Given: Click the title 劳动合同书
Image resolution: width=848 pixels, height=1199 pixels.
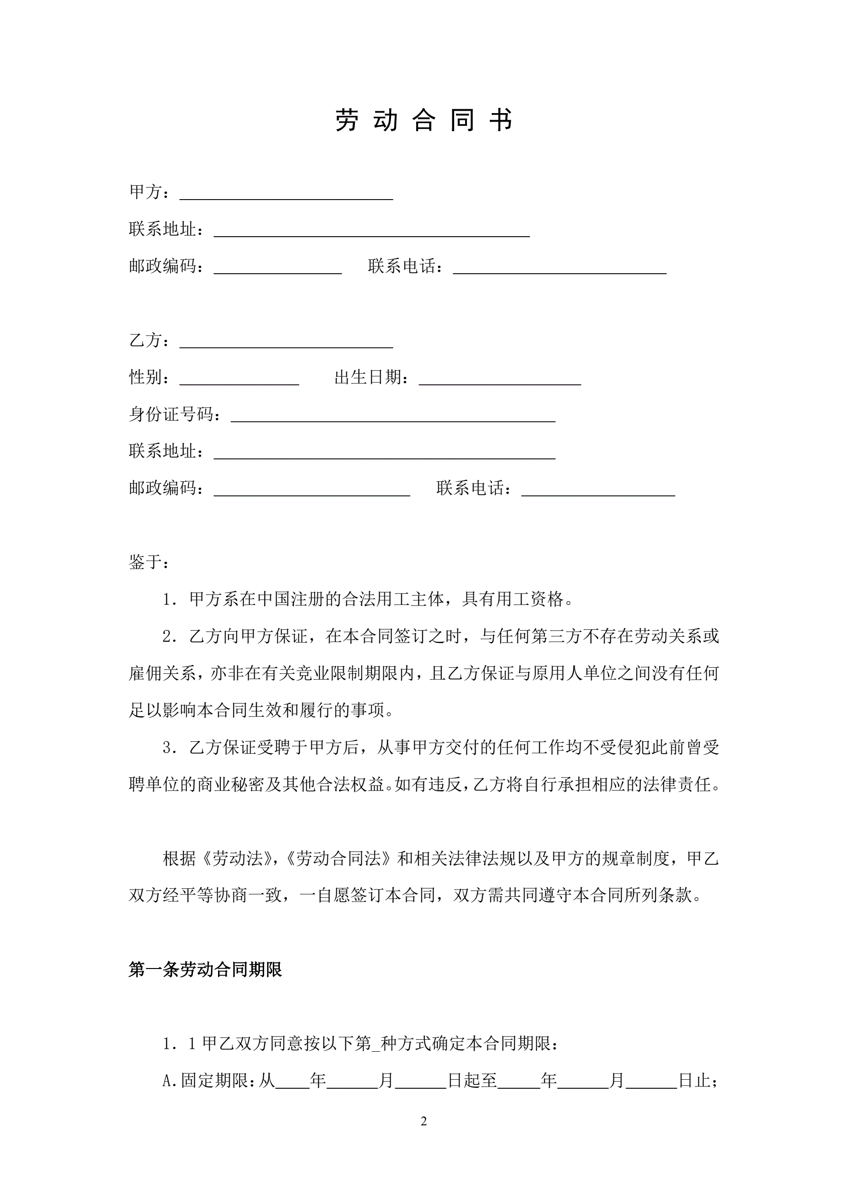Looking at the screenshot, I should coord(423,120).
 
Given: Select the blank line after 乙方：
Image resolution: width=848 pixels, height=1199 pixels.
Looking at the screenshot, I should coord(286,343).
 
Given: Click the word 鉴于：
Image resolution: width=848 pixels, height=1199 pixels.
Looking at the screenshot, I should coord(149,562).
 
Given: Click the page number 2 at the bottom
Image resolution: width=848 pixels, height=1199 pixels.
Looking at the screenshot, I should coord(423,1121).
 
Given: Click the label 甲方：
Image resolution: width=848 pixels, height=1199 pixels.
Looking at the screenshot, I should coord(149,192).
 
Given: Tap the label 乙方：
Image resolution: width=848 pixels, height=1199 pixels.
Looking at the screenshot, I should coord(149,340).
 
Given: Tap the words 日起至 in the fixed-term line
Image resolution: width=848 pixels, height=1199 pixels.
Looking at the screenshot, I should coord(473,1081).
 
